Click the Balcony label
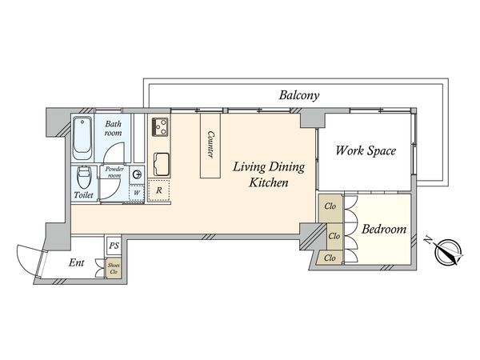point(299,94)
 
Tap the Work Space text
point(365,150)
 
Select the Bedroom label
point(384,230)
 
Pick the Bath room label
point(113,128)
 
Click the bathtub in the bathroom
point(82,137)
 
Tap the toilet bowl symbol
point(83,177)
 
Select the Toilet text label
point(83,195)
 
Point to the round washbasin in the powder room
point(138,174)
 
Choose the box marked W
point(137,192)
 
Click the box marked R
point(160,190)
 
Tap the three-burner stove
point(160,126)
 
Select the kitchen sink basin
point(160,162)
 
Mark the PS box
point(114,246)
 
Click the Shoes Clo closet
point(114,268)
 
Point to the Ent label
point(78,262)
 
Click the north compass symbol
point(446,251)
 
